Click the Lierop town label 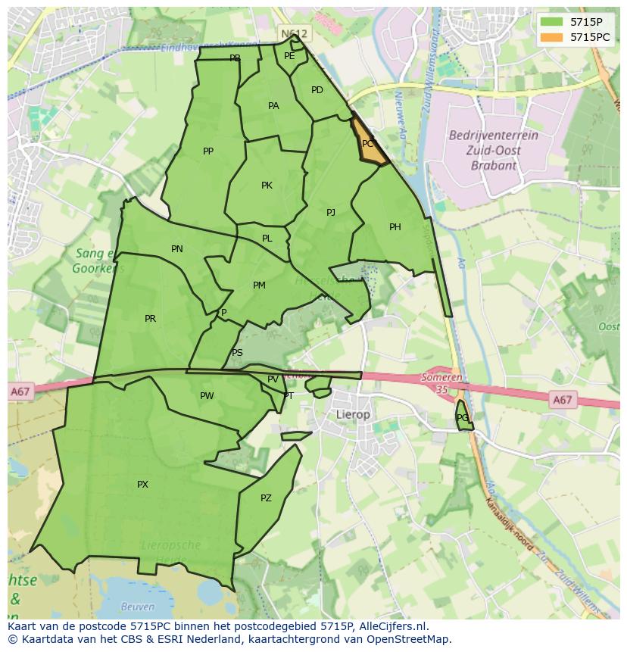(353, 415)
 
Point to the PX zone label (142, 485)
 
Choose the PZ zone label (266, 498)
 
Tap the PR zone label (150, 319)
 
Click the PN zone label (176, 249)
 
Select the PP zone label (208, 151)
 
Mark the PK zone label (267, 186)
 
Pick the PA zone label (273, 106)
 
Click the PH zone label (395, 227)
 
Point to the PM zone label (259, 285)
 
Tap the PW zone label (207, 396)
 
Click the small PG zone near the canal (463, 418)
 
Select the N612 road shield (294, 34)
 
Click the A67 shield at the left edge (20, 392)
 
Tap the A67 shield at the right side (562, 400)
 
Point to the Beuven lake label (138, 607)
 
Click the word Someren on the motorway (442, 378)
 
